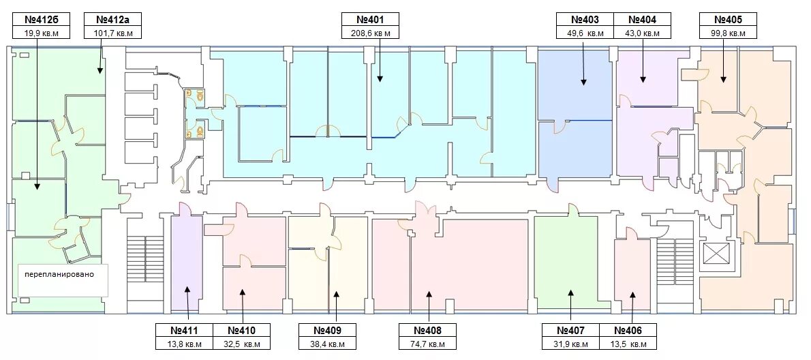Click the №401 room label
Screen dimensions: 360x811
370,20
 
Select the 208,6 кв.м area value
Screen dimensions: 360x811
370,33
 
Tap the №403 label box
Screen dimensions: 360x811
585,20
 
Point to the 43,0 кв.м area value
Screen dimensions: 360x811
642,33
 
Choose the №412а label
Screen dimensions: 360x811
113,20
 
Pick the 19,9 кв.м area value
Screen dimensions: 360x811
42,33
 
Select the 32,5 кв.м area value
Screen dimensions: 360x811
241,344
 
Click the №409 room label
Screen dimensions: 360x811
328,330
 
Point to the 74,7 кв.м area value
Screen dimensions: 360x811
427,344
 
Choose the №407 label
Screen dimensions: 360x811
570,330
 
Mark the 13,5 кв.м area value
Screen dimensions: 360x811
628,344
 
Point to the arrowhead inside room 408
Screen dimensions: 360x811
428,294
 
